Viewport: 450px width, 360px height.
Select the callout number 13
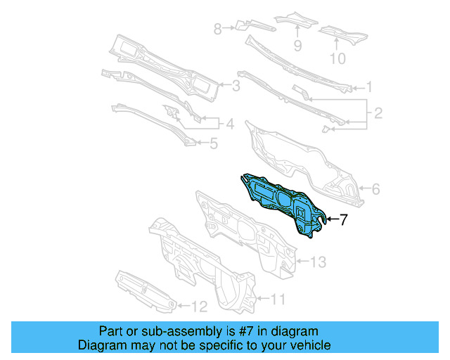(318, 262)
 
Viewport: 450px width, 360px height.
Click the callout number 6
(375, 189)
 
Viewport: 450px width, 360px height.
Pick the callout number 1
(368, 88)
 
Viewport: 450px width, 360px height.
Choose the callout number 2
(378, 112)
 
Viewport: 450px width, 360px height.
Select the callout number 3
(236, 86)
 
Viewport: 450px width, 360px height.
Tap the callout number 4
(229, 124)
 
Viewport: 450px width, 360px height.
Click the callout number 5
(214, 144)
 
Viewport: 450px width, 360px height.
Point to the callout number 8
(218, 29)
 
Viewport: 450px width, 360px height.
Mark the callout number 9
(297, 46)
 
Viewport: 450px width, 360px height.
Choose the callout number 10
(338, 59)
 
